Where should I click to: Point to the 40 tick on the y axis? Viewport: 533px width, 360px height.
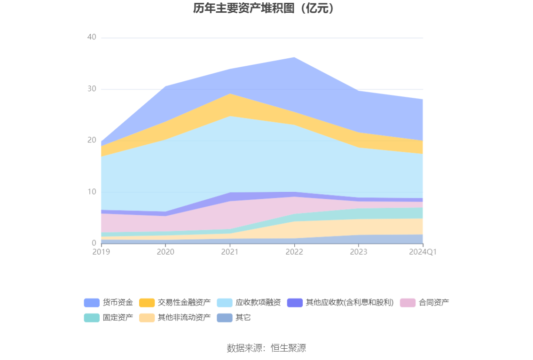pyautogui.click(x=92, y=37)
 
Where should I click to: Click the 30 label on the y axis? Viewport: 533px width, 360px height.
pyautogui.click(x=92, y=89)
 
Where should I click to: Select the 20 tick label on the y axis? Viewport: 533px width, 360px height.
pyautogui.click(x=92, y=140)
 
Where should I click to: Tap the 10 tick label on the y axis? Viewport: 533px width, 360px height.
pyautogui.click(x=92, y=192)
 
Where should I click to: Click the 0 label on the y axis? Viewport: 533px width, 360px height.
pyautogui.click(x=94, y=243)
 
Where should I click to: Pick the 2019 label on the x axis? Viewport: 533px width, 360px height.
pyautogui.click(x=101, y=252)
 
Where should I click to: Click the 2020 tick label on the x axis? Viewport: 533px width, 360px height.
pyautogui.click(x=165, y=252)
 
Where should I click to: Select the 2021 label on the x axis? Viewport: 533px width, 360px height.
pyautogui.click(x=230, y=252)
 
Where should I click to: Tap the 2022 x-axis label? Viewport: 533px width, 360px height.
pyautogui.click(x=294, y=252)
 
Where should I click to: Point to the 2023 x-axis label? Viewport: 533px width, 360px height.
pyautogui.click(x=359, y=252)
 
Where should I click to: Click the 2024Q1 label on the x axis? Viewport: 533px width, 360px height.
pyautogui.click(x=423, y=252)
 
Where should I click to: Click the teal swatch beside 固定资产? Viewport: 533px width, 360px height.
pyautogui.click(x=92, y=317)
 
